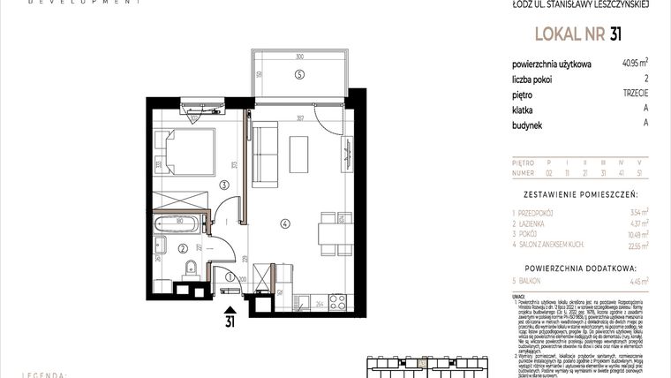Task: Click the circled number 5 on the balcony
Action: pos(300,75)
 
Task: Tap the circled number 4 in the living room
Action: pos(285,223)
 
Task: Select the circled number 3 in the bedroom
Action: pos(225,185)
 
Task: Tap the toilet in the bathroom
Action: pos(188,269)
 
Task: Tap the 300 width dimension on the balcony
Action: pos(299,56)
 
